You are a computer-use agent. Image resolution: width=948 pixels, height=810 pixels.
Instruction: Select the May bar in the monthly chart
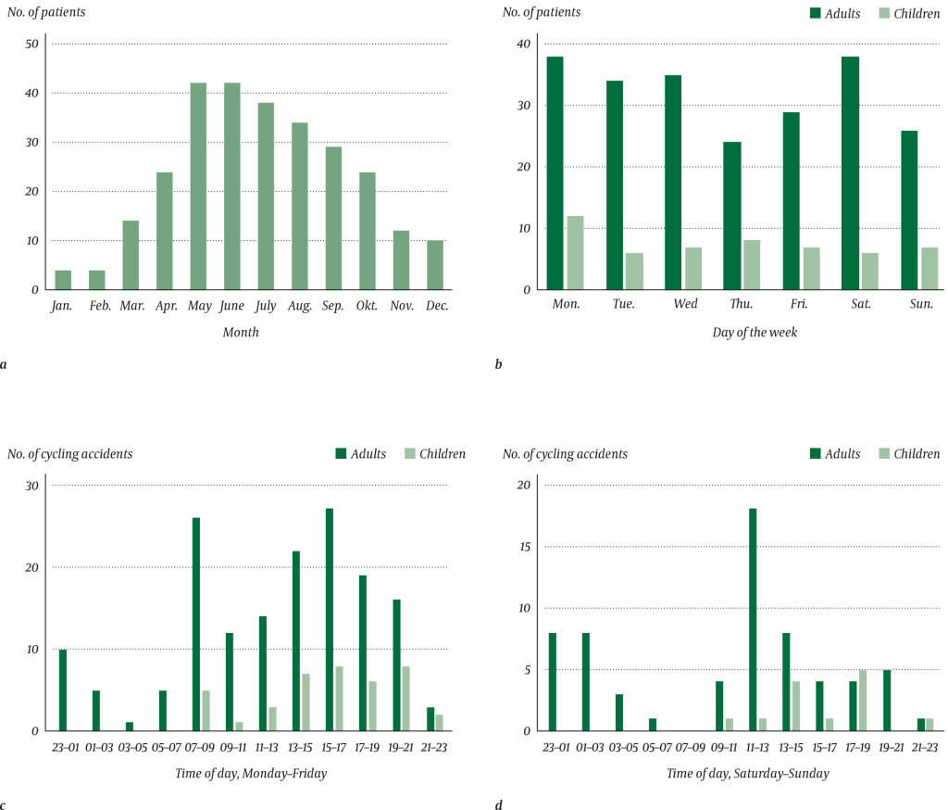tap(198, 186)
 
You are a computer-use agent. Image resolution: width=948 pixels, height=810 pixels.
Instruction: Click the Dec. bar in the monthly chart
tap(435, 265)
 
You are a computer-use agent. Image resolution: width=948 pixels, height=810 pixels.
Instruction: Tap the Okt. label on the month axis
tap(368, 305)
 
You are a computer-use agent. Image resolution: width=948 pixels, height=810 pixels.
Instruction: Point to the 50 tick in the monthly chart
tap(32, 44)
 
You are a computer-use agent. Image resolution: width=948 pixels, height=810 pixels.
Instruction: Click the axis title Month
tap(242, 332)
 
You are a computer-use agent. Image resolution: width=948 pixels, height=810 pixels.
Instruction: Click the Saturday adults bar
tap(850, 173)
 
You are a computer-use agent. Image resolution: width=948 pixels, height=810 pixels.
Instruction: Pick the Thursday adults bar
tap(732, 215)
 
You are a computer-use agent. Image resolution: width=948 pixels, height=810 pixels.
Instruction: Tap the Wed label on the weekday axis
tap(685, 305)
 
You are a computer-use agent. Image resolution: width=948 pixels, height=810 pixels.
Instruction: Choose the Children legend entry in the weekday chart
tap(904, 12)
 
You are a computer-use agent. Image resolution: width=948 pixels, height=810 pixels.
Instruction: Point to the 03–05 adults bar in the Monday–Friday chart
tap(130, 726)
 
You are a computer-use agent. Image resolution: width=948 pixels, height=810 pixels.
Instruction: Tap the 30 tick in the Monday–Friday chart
tap(32, 486)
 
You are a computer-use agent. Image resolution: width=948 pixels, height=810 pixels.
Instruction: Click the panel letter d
tap(498, 805)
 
